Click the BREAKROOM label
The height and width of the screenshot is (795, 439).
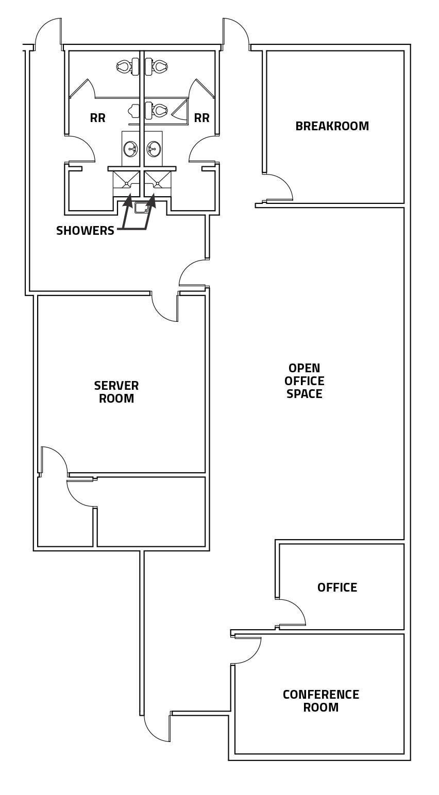coord(332,126)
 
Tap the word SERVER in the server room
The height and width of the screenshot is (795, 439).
coord(116,386)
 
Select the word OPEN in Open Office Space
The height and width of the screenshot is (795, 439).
coord(305,368)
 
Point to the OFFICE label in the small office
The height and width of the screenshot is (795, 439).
coord(337,587)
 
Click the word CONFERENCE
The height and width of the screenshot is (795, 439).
coord(320,695)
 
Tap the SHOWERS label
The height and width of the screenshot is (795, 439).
coord(85,231)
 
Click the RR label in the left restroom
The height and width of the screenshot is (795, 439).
coord(97,118)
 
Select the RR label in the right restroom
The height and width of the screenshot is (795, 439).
coord(201,118)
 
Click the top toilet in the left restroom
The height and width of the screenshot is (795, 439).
coord(124,66)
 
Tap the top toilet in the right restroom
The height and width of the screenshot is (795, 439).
coord(160,66)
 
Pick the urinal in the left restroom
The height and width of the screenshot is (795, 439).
coord(135,111)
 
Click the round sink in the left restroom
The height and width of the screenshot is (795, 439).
coord(130,149)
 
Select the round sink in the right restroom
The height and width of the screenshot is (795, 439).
coord(154,149)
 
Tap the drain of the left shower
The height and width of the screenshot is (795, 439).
coord(126,183)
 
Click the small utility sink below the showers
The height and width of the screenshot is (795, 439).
coord(141,208)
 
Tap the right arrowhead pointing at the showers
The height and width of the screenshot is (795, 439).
coord(151,200)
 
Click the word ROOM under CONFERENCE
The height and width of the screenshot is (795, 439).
coord(320,707)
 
